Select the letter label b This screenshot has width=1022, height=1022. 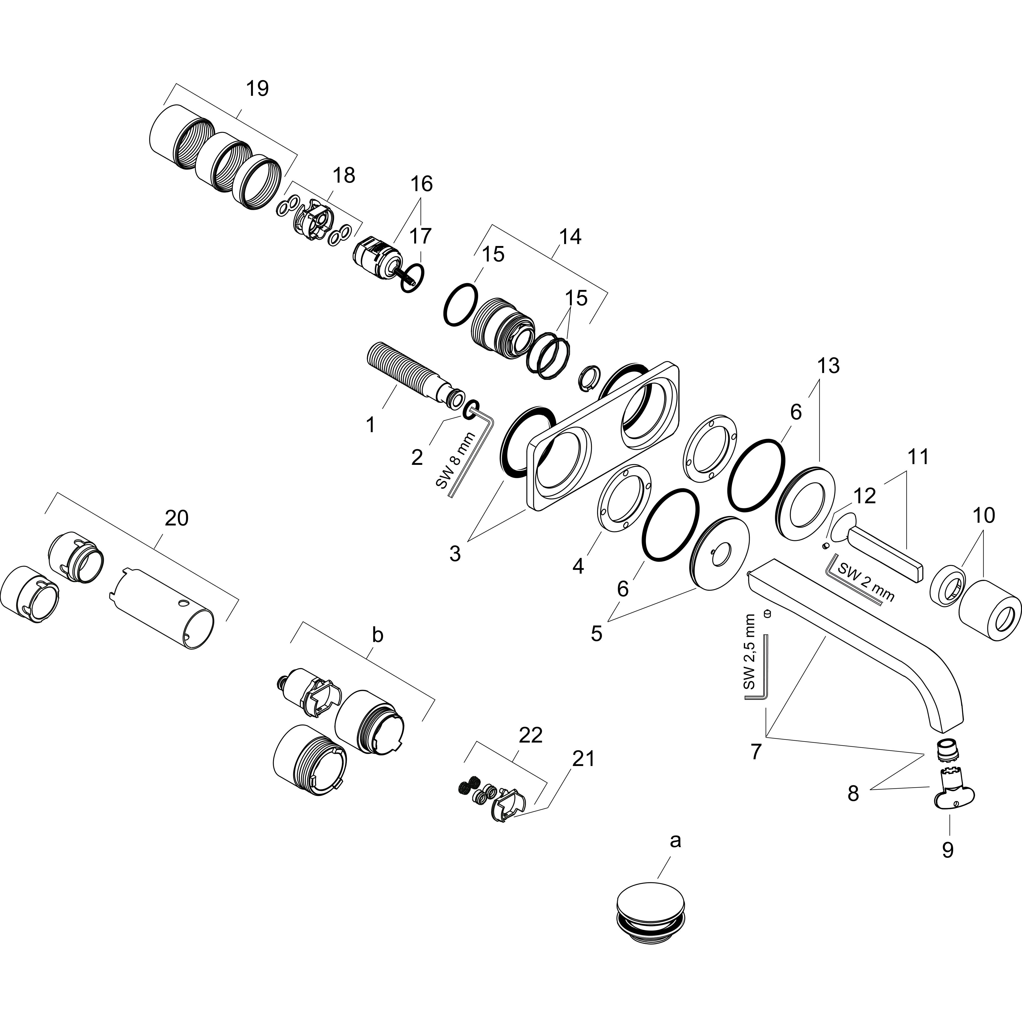pyautogui.click(x=377, y=635)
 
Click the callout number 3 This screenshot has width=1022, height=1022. pyautogui.click(x=455, y=554)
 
